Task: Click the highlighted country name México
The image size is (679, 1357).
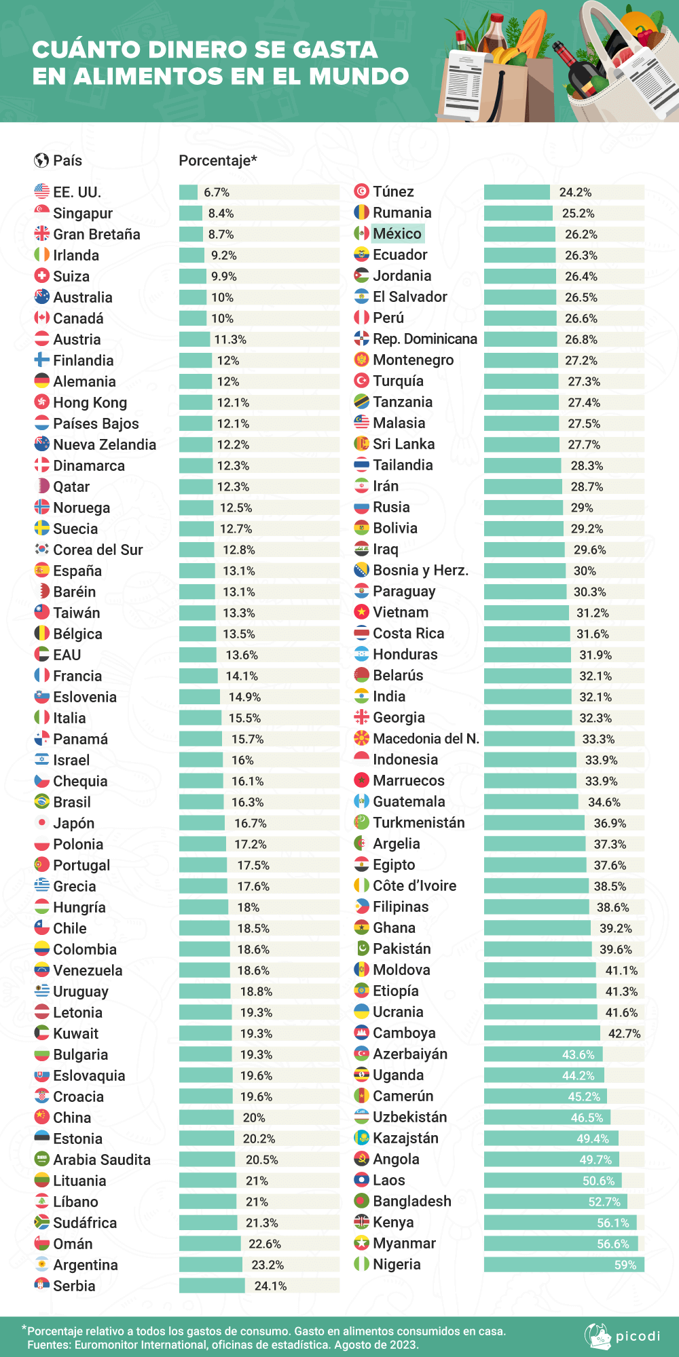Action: point(397,233)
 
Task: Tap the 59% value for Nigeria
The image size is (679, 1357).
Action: point(625,1265)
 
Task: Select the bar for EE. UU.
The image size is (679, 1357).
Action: point(188,192)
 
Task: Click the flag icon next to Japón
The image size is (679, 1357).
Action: point(42,823)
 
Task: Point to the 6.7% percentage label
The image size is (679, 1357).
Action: point(217,193)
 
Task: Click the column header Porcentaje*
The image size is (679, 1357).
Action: point(218,161)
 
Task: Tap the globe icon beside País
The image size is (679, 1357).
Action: point(41,161)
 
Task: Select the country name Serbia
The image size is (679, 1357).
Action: point(74,1286)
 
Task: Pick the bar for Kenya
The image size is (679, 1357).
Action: point(559,1223)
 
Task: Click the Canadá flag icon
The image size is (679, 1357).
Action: point(42,318)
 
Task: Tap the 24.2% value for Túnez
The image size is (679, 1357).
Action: point(575,193)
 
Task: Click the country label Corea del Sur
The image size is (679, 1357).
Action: point(98,550)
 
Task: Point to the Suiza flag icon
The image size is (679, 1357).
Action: point(42,276)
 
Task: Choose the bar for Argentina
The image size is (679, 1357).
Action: point(210,1265)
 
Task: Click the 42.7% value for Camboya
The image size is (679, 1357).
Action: point(624,1033)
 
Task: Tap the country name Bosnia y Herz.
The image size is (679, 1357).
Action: point(420,570)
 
